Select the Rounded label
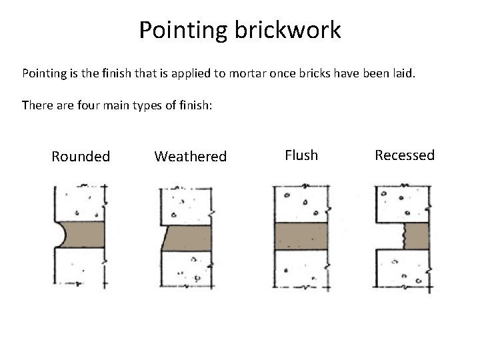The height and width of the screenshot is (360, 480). click(x=81, y=157)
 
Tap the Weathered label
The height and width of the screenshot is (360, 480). click(x=191, y=157)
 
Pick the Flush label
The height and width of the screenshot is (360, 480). click(x=301, y=155)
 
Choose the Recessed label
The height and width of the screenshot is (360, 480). click(x=405, y=155)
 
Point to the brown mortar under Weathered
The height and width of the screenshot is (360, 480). click(x=188, y=238)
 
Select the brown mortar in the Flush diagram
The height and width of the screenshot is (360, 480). click(x=301, y=235)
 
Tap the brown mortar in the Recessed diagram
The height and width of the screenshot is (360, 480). click(x=417, y=235)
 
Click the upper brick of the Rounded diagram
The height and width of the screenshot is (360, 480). click(x=81, y=203)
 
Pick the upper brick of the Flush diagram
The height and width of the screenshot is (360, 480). click(x=301, y=203)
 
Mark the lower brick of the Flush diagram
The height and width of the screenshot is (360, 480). click(x=301, y=268)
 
